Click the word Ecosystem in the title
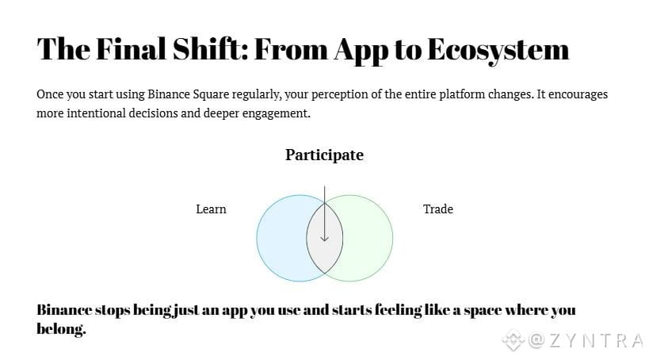[x=498, y=50]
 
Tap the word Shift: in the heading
[x=210, y=49]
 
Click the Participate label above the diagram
[x=325, y=155]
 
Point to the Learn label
[x=211, y=209]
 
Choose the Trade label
[x=438, y=209]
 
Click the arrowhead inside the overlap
[x=325, y=238]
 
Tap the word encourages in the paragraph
[x=578, y=94]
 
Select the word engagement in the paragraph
[x=276, y=114]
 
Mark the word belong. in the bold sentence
[x=61, y=328]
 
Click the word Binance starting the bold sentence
[x=64, y=310]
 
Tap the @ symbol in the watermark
[x=536, y=340]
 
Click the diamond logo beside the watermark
[x=513, y=339]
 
